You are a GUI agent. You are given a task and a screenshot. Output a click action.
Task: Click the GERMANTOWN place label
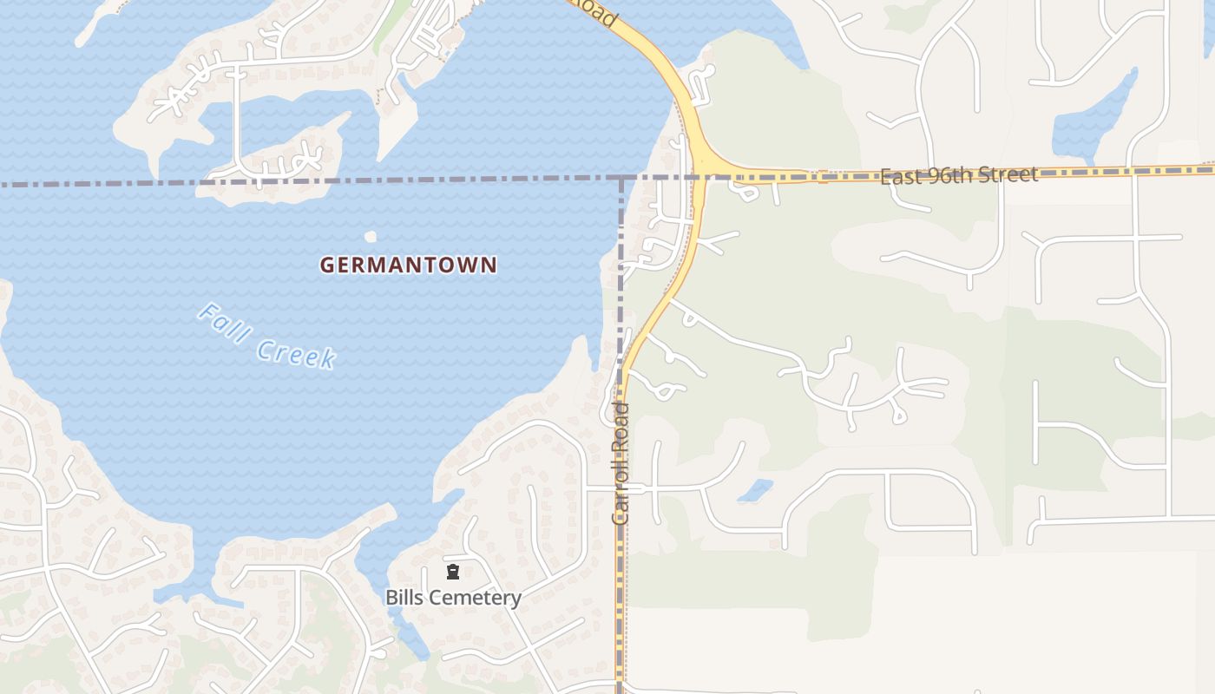point(408,265)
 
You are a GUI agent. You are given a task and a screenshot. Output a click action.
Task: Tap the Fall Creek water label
point(267,336)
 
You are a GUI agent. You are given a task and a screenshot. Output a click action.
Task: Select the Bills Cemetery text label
point(453,598)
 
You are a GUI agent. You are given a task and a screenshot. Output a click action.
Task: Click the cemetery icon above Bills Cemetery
point(452,572)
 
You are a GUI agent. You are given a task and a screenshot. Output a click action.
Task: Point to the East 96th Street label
point(959,176)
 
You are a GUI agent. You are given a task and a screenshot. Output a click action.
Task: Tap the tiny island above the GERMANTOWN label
point(371,236)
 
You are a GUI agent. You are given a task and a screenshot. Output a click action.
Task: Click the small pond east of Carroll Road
point(756,491)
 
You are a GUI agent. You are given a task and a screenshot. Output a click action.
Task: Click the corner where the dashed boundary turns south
point(621,179)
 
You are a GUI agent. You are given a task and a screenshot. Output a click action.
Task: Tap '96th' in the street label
point(946,176)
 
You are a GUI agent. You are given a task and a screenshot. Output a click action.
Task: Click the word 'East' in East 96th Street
point(900,178)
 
